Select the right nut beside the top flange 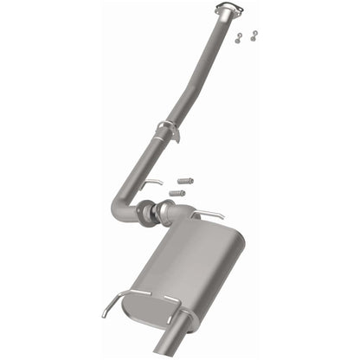click(253, 35)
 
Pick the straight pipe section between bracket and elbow click(138, 169)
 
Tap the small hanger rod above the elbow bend click(152, 183)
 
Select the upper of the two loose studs click(183, 180)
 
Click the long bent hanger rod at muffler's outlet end click(121, 299)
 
